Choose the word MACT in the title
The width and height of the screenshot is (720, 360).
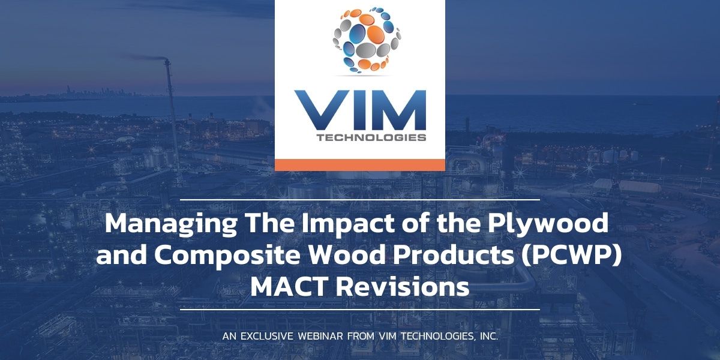click(x=290, y=286)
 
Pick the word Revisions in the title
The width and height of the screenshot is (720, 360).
click(x=403, y=286)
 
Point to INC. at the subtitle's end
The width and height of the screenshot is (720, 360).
click(x=487, y=337)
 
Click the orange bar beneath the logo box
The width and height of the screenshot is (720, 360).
click(x=360, y=164)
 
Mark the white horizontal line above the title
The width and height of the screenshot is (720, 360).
click(x=360, y=199)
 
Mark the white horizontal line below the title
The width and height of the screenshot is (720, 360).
click(x=360, y=310)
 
